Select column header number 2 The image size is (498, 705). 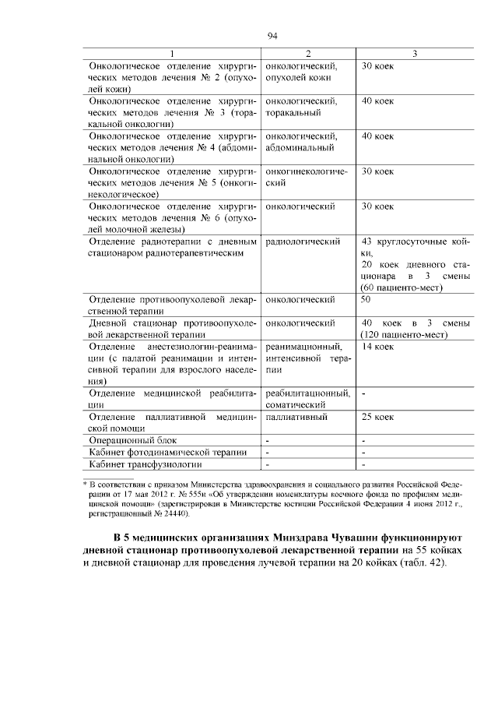[308, 53]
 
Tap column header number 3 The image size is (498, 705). [416, 53]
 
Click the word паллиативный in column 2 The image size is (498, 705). [296, 418]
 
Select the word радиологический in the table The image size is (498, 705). [303, 242]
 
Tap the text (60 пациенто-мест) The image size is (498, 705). [402, 287]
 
